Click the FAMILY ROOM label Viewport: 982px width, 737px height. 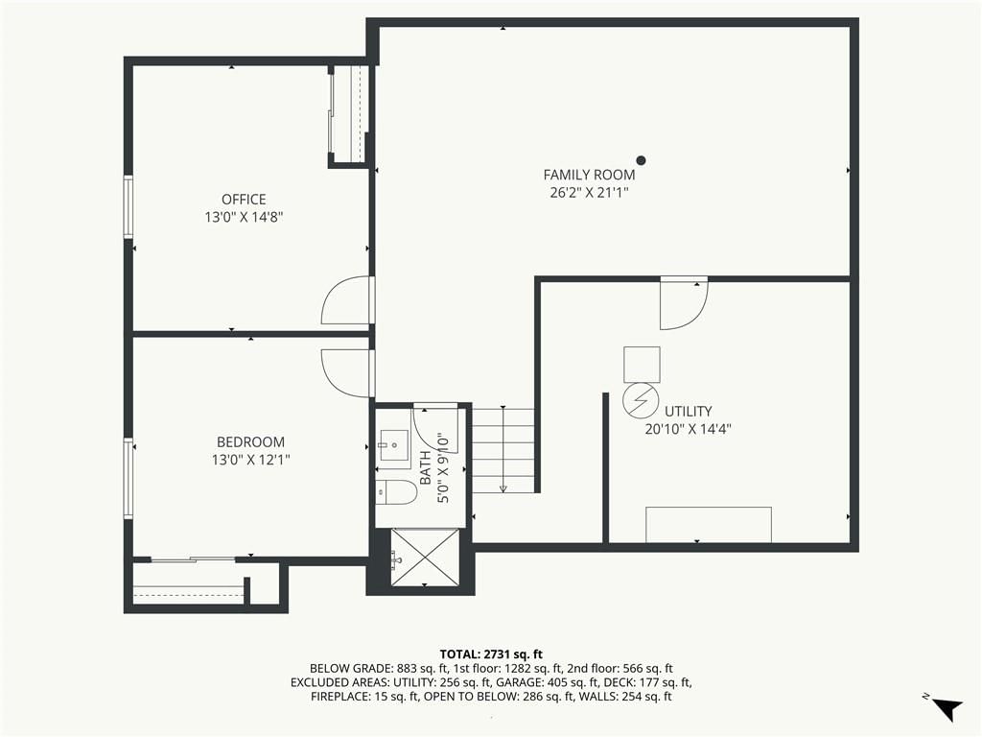pyautogui.click(x=589, y=175)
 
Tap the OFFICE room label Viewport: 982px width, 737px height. pyautogui.click(x=244, y=200)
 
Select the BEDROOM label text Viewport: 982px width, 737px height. pyautogui.click(x=250, y=441)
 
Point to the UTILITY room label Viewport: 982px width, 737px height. pyautogui.click(x=688, y=411)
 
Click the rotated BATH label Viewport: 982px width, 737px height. pyautogui.click(x=425, y=467)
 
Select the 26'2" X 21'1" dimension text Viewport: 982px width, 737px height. pyautogui.click(x=589, y=192)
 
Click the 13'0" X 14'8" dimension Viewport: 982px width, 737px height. pyautogui.click(x=244, y=217)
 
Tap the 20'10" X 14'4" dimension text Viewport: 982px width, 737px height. pyautogui.click(x=688, y=429)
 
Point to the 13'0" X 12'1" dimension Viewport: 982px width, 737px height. pyautogui.click(x=250, y=460)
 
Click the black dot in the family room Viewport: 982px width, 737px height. pyautogui.click(x=641, y=160)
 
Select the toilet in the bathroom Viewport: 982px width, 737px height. pyautogui.click(x=396, y=492)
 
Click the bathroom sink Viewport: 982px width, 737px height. pyautogui.click(x=393, y=445)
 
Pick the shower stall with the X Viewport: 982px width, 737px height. pyautogui.click(x=425, y=558)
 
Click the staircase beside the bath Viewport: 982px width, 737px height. pyautogui.click(x=503, y=451)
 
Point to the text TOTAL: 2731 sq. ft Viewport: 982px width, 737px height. pyautogui.click(x=491, y=654)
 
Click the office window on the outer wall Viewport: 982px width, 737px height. pyautogui.click(x=129, y=207)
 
